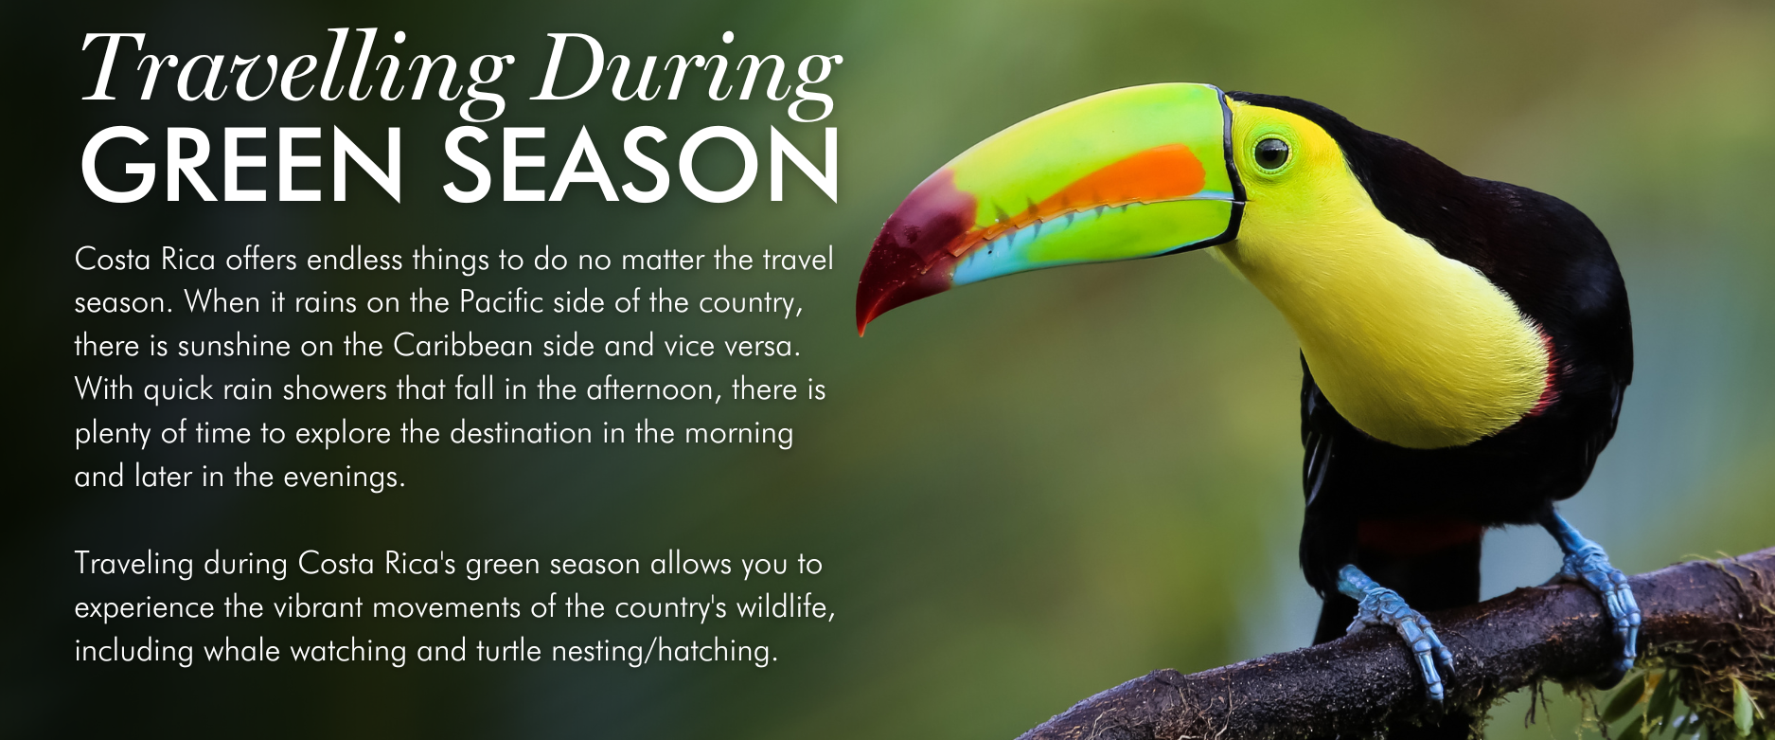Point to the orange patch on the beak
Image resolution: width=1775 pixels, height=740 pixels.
[1127, 184]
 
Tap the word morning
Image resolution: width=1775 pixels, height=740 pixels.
[739, 434]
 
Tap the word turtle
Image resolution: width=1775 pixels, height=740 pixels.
[506, 650]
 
